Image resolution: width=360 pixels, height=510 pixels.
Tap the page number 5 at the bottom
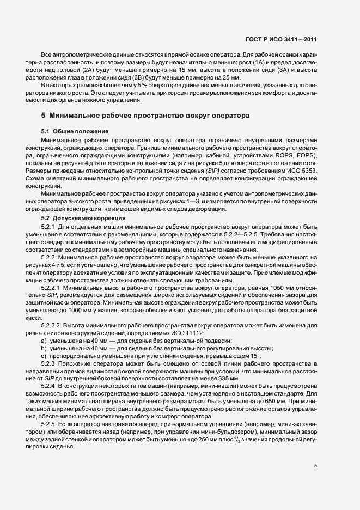(315, 466)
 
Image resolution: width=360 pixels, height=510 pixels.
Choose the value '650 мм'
(283, 400)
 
